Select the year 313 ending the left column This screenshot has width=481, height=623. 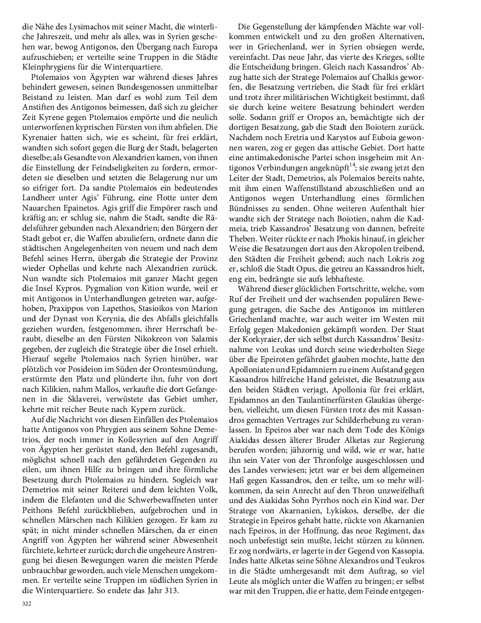click(x=171, y=591)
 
